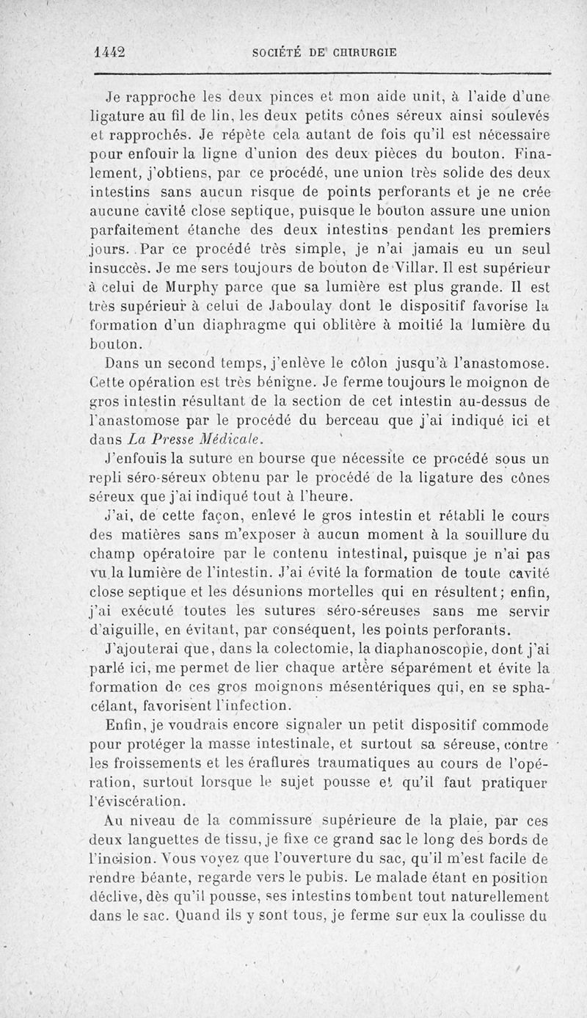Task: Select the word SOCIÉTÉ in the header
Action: click(277, 53)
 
